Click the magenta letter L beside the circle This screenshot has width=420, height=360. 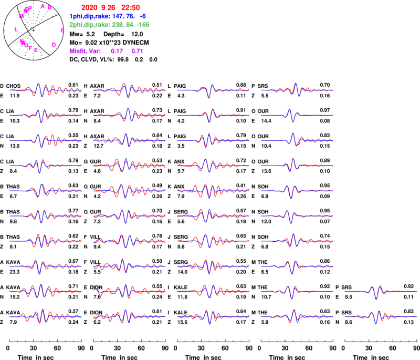point(16,29)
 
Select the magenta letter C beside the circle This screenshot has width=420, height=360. point(62,30)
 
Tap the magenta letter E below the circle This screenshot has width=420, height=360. point(36,50)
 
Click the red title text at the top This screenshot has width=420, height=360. point(110,8)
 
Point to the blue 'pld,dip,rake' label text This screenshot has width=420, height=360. point(90,16)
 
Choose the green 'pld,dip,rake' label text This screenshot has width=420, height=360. point(90,24)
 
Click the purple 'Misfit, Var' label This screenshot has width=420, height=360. point(85,52)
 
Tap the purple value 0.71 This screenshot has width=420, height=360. point(137,52)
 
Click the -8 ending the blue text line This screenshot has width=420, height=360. point(142,16)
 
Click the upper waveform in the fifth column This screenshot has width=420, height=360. point(381,291)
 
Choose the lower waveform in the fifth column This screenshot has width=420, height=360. point(381,316)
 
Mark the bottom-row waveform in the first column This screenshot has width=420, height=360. point(45,316)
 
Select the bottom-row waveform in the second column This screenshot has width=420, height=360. point(129,316)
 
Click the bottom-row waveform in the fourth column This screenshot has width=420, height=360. point(297,316)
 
